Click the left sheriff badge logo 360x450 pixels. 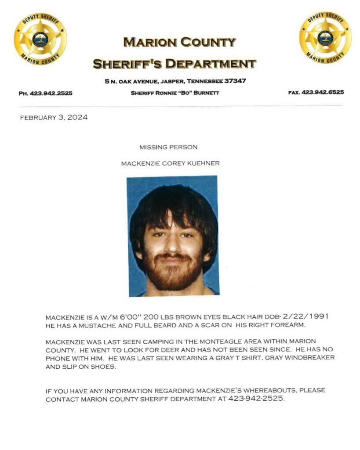[40, 39]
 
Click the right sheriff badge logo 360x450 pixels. [325, 38]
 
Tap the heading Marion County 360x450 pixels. [179, 43]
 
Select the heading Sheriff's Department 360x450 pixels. [174, 64]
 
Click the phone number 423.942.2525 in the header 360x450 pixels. [51, 93]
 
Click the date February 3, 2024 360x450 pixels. [54, 117]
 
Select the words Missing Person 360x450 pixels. [168, 147]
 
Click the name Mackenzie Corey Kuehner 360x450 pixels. [170, 163]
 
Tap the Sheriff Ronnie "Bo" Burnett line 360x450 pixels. [175, 93]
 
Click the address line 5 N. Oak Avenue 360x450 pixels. [175, 81]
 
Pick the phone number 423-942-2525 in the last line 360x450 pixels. [257, 399]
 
